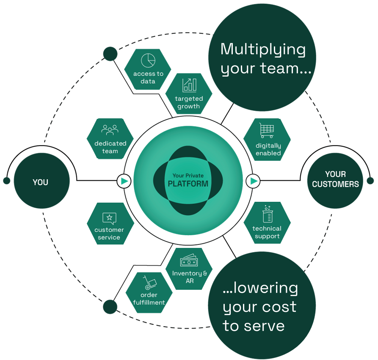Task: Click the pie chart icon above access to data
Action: point(148,60)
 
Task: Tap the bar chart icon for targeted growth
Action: point(189,85)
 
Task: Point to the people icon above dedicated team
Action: point(110,130)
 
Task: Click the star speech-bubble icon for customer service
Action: point(109,218)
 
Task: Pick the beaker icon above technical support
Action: point(267,214)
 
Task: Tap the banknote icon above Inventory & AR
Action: point(189,261)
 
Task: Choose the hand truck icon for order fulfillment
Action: point(149,282)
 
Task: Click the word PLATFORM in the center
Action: point(188,184)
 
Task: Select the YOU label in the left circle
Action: point(41,182)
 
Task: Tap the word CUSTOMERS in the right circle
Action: point(335,184)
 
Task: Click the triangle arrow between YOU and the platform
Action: point(124,181)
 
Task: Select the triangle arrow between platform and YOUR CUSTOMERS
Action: point(254,181)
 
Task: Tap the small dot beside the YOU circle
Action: point(6,181)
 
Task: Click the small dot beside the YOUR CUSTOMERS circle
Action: point(370,181)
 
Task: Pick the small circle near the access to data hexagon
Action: point(110,54)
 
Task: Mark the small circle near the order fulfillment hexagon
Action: point(110,307)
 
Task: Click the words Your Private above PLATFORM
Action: point(188,176)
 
